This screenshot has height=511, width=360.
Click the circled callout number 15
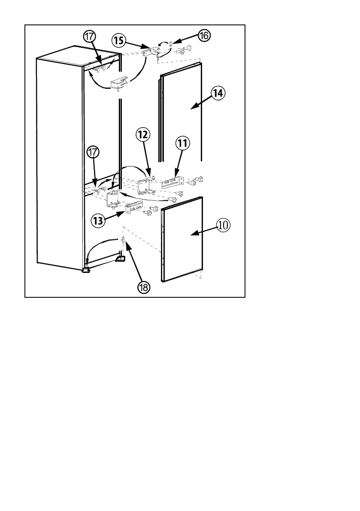119,41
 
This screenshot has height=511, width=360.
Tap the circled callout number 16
203,36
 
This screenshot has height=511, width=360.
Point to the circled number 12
143,135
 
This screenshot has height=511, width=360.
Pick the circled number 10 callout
223,225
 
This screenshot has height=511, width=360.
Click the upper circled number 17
89,37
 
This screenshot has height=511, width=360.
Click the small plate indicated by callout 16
171,44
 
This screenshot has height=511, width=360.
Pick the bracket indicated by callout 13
132,208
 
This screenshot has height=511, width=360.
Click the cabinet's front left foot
86,270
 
